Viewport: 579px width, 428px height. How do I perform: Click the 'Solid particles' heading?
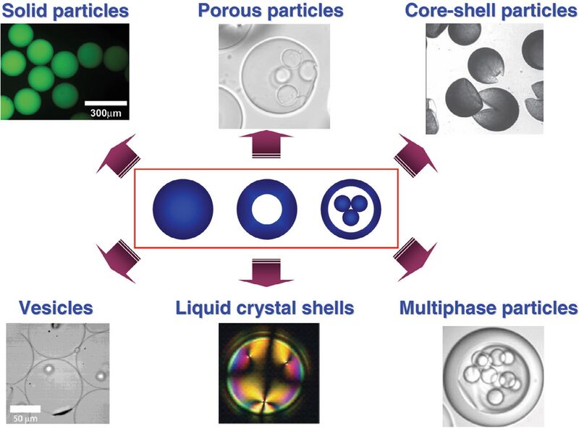click(66, 11)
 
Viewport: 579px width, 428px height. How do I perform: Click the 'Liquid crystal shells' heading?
click(264, 308)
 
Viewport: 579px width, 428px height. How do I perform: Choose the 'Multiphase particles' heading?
click(489, 308)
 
